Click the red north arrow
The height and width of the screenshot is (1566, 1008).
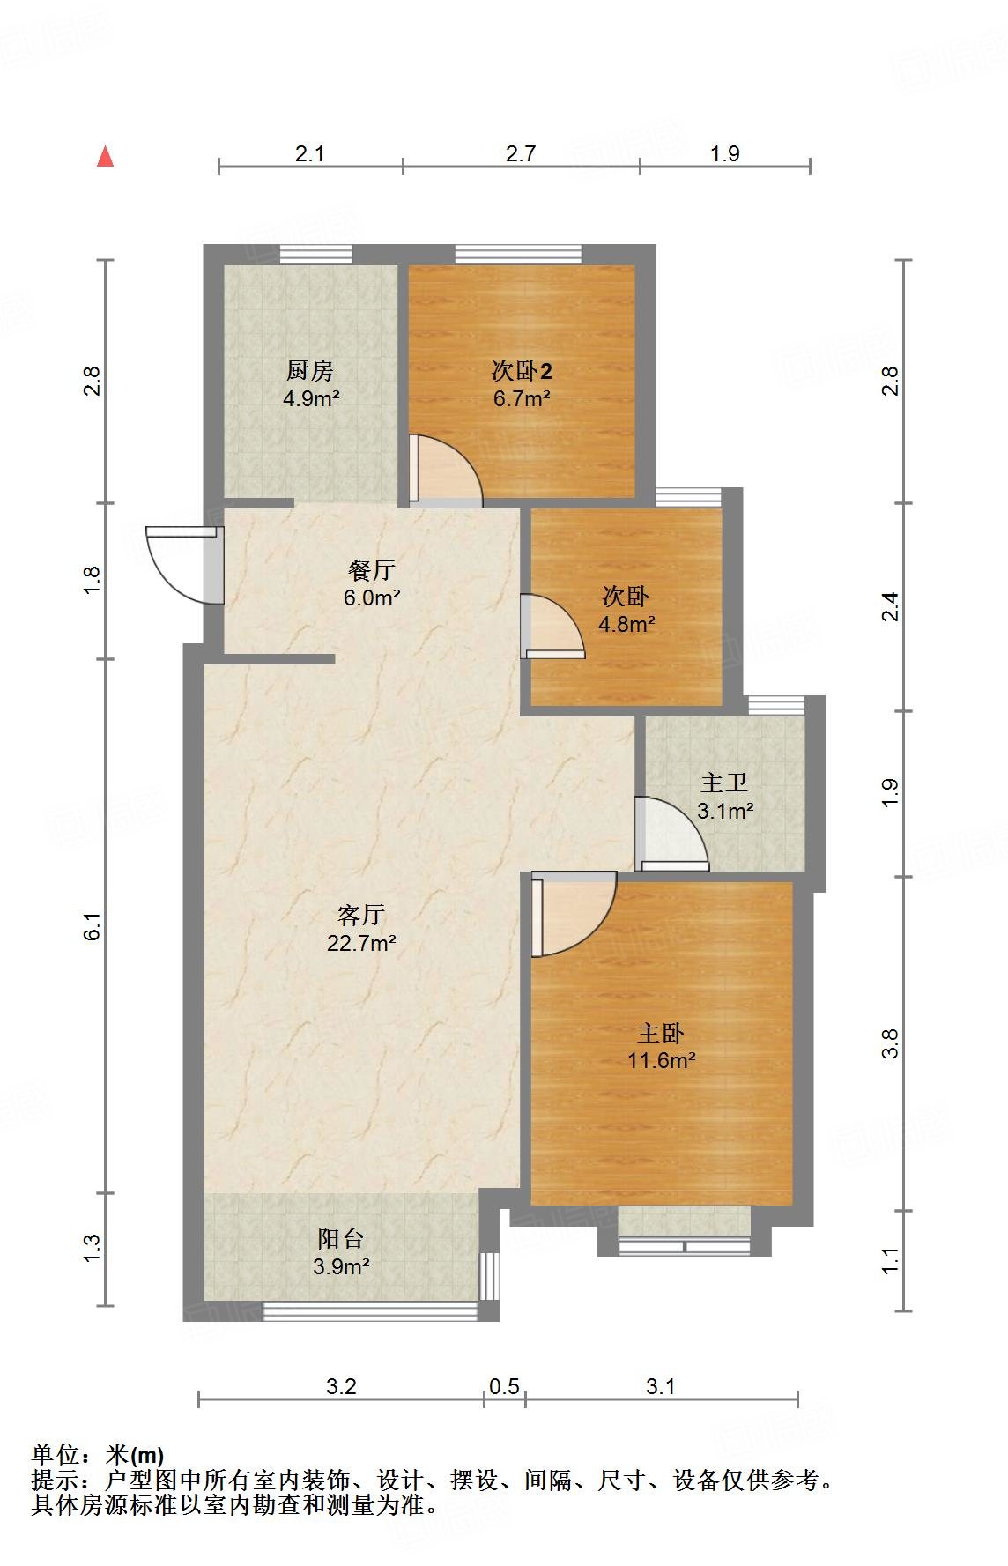(106, 157)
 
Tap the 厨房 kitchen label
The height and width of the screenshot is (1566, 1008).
(309, 370)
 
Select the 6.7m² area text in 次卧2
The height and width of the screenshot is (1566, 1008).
(522, 398)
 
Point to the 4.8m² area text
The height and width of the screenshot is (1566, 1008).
(626, 625)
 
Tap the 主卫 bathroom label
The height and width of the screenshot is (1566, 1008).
(724, 783)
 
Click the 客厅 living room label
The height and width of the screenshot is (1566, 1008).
(361, 916)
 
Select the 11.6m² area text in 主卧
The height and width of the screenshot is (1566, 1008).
(661, 1060)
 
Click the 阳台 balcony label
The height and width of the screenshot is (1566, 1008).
(341, 1239)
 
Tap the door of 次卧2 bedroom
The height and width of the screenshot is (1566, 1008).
(446, 471)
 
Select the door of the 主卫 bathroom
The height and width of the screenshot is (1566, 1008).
(671, 834)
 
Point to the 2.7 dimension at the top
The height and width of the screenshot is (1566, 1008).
(521, 153)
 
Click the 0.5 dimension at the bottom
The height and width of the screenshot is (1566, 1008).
(504, 1387)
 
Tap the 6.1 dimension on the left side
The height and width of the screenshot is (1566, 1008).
(94, 927)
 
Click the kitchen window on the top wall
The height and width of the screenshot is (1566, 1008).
(315, 254)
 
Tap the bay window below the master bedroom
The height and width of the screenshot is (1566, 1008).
(685, 1245)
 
